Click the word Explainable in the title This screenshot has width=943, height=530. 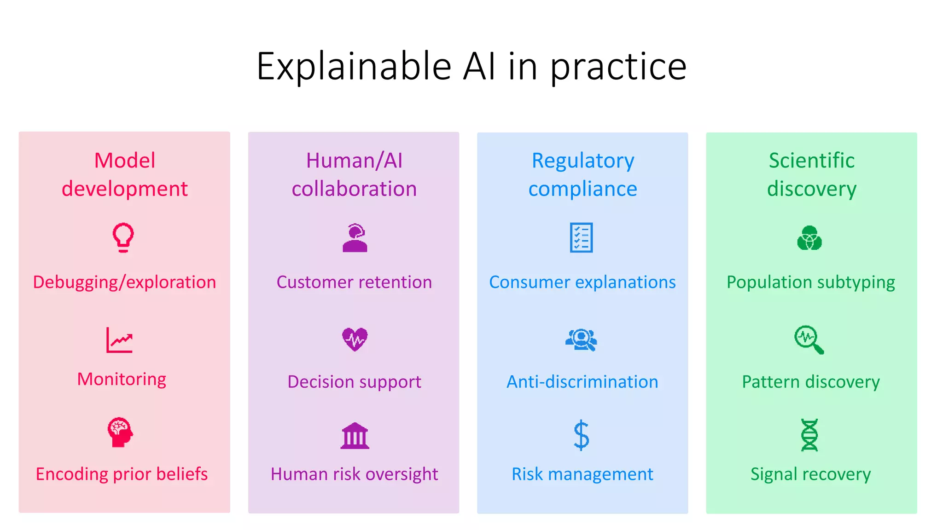[354, 67]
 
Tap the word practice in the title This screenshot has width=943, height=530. [618, 67]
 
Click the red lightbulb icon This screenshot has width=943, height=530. [123, 237]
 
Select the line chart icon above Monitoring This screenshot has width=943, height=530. [119, 340]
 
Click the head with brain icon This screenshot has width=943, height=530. [120, 432]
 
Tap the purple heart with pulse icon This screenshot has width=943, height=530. [355, 340]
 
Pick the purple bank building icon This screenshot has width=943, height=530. [355, 436]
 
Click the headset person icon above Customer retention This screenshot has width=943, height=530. [355, 238]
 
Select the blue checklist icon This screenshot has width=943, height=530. [582, 238]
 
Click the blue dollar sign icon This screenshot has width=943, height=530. [582, 435]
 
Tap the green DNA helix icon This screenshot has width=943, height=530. [809, 435]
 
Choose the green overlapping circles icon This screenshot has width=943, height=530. [809, 238]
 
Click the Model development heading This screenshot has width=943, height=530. [124, 175]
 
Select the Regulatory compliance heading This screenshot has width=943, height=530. [582, 175]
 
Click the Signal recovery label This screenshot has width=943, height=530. [810, 474]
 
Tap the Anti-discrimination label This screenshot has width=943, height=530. [582, 382]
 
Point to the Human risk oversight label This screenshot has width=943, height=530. [354, 474]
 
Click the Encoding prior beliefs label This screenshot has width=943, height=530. [122, 474]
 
